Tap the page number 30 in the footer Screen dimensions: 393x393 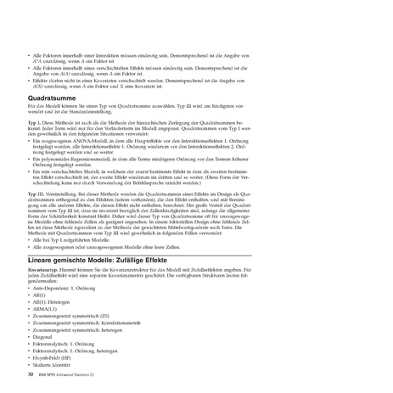click(31, 373)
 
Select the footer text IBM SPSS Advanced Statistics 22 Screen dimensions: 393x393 click(74, 373)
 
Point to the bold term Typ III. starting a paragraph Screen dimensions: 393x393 click(37, 194)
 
